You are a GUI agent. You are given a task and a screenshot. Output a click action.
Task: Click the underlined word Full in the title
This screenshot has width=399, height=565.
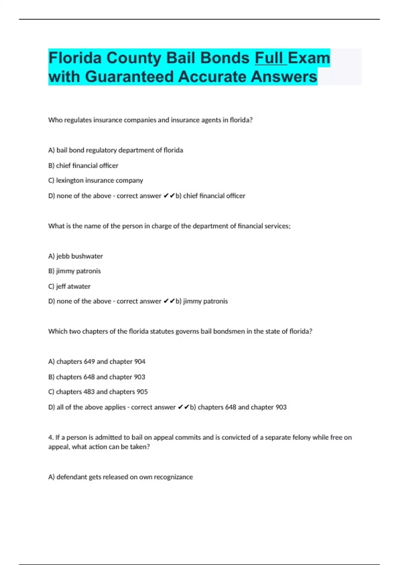click(x=271, y=58)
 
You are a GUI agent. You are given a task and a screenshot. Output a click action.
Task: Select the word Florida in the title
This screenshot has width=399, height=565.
click(x=75, y=58)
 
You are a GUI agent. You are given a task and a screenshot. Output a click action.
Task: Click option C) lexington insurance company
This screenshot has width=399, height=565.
click(x=96, y=180)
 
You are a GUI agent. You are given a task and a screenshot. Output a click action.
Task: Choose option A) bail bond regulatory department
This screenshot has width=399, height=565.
click(x=116, y=150)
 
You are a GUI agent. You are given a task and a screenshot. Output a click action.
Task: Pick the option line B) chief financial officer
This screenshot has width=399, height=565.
click(x=83, y=166)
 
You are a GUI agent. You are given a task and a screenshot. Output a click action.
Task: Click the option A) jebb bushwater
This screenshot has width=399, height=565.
click(x=75, y=256)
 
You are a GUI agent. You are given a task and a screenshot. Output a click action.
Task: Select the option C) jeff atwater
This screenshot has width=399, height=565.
click(x=69, y=286)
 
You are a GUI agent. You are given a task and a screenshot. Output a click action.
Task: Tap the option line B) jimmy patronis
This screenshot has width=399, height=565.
click(x=74, y=271)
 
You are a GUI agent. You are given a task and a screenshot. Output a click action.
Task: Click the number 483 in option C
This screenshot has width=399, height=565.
click(x=89, y=392)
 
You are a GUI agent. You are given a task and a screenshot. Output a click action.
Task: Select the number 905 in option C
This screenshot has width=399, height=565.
click(x=142, y=392)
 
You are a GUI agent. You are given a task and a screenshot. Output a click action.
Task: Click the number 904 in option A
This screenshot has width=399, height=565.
click(x=140, y=362)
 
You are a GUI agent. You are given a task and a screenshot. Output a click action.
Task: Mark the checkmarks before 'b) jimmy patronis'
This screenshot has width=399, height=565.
click(x=169, y=301)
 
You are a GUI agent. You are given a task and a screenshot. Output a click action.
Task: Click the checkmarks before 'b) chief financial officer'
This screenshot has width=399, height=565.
click(x=169, y=196)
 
